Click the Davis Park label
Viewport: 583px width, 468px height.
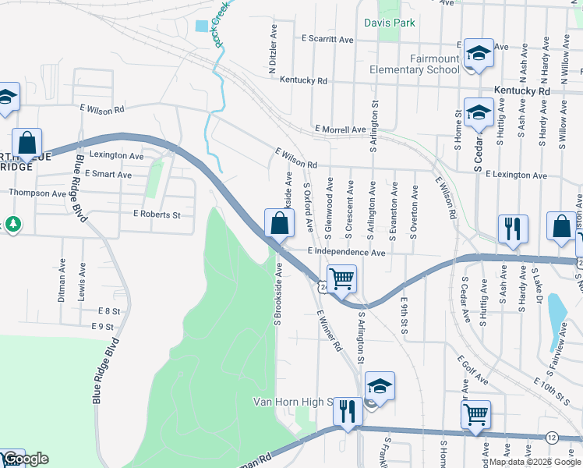[x=390, y=23]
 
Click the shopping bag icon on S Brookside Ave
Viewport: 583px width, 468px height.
[x=280, y=224]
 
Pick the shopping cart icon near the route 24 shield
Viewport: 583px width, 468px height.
[x=341, y=278]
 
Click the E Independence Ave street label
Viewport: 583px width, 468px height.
[x=346, y=252]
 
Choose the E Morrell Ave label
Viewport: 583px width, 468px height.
[x=340, y=129]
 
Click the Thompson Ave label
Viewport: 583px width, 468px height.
[x=37, y=193]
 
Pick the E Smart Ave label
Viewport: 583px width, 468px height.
[x=108, y=174]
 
